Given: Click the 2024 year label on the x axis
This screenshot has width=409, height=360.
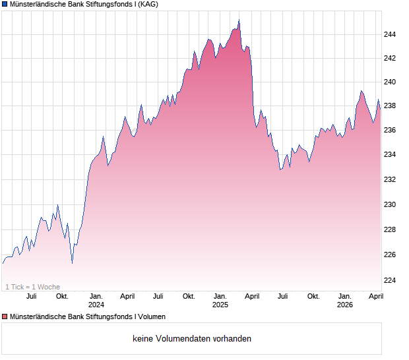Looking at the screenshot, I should coord(96,305).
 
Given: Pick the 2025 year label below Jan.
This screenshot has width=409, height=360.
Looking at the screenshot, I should coord(220,305).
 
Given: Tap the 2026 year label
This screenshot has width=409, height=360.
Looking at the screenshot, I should coord(345,305).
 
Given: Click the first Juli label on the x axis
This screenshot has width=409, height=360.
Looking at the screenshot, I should coord(31,296).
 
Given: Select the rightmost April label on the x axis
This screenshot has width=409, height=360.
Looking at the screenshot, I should coord(375,296).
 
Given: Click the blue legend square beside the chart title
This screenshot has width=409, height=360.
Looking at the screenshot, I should coord(5,4).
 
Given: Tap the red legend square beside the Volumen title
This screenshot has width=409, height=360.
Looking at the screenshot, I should coord(5,316).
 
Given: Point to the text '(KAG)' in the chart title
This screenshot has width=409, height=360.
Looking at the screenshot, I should coord(147,4).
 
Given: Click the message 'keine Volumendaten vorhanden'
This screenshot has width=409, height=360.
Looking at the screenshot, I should coord(191,339).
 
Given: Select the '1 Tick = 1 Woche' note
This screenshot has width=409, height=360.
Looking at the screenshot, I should coord(32,287).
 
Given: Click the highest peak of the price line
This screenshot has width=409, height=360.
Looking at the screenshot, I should coord(239,20).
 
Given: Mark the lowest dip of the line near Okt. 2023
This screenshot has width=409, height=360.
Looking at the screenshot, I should coord(72,263).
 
